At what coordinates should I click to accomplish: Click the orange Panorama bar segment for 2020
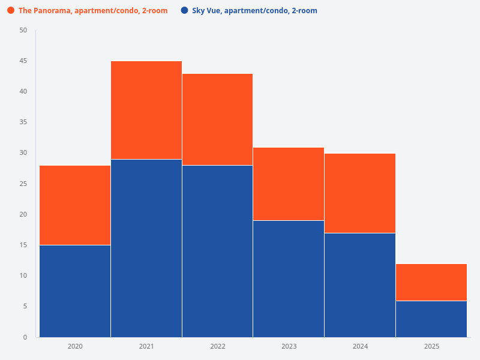[x=75, y=205]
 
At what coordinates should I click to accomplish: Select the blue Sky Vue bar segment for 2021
[x=146, y=248]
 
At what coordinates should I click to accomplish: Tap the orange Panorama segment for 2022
[x=217, y=119]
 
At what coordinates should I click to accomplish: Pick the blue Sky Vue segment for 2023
[x=289, y=278]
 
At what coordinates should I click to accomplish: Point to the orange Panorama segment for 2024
[x=360, y=193]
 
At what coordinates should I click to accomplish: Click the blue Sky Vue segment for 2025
[x=431, y=319]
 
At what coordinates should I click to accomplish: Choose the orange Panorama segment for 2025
[x=431, y=282]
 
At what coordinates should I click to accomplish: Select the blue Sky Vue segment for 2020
[x=75, y=291]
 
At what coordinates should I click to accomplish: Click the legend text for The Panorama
[x=93, y=11]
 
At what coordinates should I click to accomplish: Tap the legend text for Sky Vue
[x=254, y=11]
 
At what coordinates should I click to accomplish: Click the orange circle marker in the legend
[x=11, y=11]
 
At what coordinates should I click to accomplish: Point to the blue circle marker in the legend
[x=184, y=11]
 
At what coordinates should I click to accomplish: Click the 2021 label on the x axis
[x=146, y=346]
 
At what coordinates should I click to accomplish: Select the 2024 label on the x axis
[x=360, y=346]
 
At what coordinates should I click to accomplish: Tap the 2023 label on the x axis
[x=289, y=346]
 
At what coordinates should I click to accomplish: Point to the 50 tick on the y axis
[x=23, y=30]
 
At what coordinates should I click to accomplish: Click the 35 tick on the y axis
[x=23, y=122]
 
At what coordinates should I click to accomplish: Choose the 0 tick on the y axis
[x=25, y=337]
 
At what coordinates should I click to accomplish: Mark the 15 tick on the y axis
[x=23, y=245]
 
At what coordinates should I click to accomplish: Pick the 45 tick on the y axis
[x=23, y=61]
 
